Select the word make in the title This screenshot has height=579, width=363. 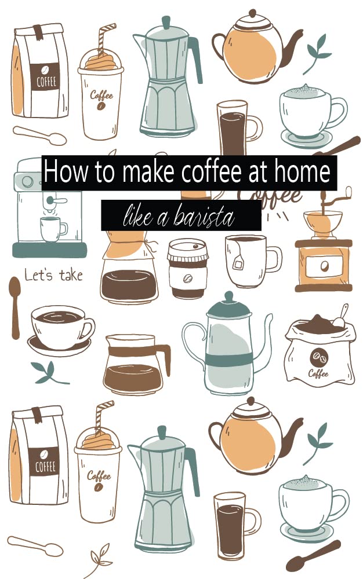tap(138, 173)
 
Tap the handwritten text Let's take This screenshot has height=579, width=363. tap(53, 275)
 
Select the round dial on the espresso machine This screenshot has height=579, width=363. tap(27, 182)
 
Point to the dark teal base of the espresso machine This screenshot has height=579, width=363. tap(49, 250)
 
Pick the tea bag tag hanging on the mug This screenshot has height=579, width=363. tap(238, 263)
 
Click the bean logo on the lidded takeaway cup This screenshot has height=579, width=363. tap(187, 278)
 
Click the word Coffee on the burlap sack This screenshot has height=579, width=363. tap(318, 373)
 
